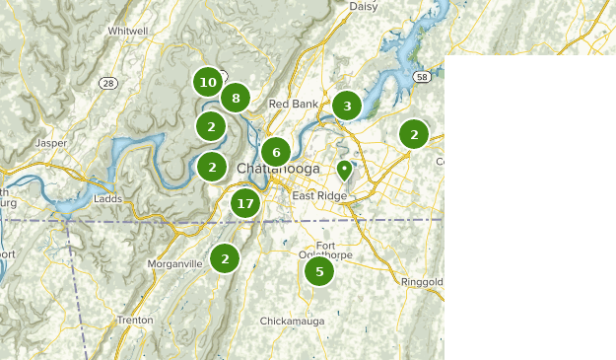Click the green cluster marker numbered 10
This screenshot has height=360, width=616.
(x=207, y=83)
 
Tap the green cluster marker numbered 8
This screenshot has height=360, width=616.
(x=235, y=98)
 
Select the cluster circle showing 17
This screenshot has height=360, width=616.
(x=245, y=205)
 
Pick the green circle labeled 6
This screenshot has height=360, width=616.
(x=276, y=152)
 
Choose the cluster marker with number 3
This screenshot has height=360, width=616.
(x=346, y=106)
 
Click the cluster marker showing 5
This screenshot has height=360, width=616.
(x=318, y=271)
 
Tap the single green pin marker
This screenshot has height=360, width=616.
(x=344, y=171)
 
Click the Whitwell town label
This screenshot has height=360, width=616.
(x=128, y=32)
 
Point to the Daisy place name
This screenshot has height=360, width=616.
(x=364, y=6)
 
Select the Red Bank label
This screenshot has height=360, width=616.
(x=292, y=104)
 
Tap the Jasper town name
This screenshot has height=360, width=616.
(x=50, y=143)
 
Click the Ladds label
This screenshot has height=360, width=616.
(x=107, y=198)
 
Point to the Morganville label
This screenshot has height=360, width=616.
(x=174, y=264)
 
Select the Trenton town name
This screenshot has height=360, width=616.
(x=134, y=321)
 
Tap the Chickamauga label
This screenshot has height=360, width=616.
(x=292, y=322)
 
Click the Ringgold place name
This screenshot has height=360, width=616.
(x=424, y=282)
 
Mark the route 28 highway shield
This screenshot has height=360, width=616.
(x=108, y=83)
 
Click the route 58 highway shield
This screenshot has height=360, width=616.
(x=421, y=76)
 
